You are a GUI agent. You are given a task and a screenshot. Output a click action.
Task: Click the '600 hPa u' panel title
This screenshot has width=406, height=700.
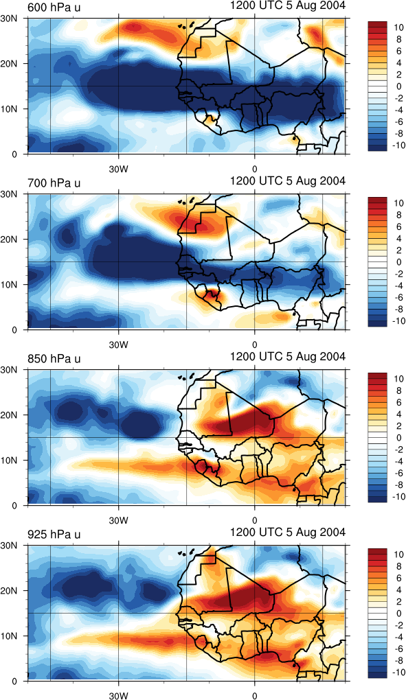[x=54, y=7]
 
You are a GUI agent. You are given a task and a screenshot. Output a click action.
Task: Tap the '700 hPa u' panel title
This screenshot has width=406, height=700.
[x=54, y=183]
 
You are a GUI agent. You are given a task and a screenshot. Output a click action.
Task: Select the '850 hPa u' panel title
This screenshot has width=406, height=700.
[x=54, y=359]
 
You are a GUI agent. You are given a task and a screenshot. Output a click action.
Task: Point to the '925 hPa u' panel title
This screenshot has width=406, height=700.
[x=54, y=535]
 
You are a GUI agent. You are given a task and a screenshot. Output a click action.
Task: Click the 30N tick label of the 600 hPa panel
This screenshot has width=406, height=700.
[x=8, y=19]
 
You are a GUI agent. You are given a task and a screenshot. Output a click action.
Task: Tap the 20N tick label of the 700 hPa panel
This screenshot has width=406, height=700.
[x=8, y=240]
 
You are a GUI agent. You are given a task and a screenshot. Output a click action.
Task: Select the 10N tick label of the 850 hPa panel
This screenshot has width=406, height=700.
[x=8, y=460]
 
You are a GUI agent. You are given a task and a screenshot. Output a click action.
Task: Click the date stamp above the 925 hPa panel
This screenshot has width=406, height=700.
[x=288, y=533]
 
